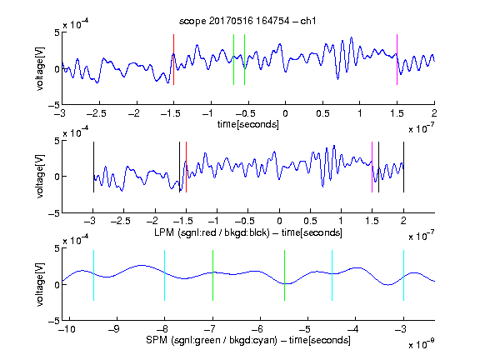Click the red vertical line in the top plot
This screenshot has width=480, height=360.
point(174,59)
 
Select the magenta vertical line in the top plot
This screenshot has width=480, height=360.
point(397,59)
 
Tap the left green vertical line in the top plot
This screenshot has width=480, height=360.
point(234,59)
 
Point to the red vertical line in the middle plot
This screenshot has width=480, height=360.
point(186,167)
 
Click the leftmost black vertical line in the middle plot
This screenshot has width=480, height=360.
point(93,167)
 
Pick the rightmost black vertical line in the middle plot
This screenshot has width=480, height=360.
point(404,167)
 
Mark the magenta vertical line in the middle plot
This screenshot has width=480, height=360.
point(372,167)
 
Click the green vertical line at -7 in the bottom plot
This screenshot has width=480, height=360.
point(212,275)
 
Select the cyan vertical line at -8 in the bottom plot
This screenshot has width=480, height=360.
point(165,275)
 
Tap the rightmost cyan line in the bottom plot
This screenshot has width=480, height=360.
point(404,275)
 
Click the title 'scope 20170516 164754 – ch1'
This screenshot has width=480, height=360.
point(247,21)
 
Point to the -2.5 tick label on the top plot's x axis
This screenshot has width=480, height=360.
point(96,113)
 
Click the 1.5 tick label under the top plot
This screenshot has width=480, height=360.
point(397,113)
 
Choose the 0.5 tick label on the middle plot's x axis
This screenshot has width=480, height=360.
point(310,221)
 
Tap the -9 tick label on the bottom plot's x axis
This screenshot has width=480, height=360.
point(114,329)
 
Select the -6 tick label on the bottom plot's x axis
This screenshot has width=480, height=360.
point(257,329)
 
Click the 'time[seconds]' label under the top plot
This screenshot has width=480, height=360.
point(248,124)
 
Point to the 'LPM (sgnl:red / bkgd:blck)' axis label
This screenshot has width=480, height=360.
point(212,232)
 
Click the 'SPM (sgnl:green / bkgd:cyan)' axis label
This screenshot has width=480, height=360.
point(212,340)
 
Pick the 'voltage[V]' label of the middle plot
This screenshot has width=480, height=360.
point(40,177)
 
